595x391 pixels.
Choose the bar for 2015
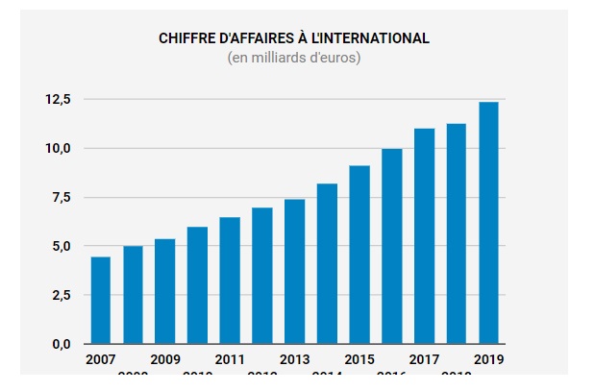(359, 255)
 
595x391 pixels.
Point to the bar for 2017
(424, 236)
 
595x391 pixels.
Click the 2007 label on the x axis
(100, 359)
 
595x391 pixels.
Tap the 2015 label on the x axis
(359, 359)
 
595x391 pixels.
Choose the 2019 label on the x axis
(489, 359)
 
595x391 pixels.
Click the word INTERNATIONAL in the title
(374, 38)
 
